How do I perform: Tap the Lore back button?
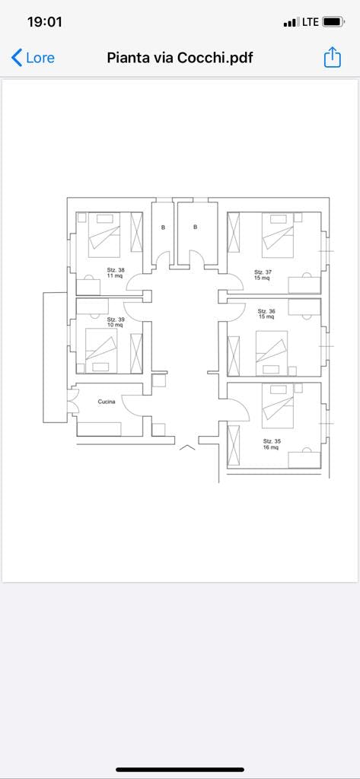pos(33,58)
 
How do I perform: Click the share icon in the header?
pos(332,57)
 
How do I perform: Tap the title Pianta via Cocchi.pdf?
pos(180,58)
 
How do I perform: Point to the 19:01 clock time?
pos(45,22)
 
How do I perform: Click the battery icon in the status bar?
pos(333,22)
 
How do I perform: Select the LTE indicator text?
pos(311,22)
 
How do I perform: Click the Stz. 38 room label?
pos(116,270)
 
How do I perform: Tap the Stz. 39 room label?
pos(116,319)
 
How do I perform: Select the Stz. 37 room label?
pos(263,272)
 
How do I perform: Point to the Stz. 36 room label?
pos(266,311)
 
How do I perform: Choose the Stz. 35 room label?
pos(272,440)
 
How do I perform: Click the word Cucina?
pos(107,402)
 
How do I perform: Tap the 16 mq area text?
pos(270,447)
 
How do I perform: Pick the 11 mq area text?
pos(114,275)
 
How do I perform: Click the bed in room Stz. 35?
pos(278,406)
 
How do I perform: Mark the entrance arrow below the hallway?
pos(187,447)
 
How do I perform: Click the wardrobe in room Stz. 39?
pos(136,353)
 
